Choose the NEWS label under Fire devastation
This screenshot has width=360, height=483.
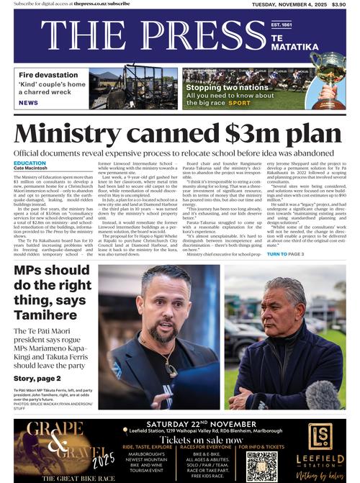pyautogui.click(x=28, y=103)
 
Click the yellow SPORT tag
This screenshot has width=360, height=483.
pyautogui.click(x=240, y=103)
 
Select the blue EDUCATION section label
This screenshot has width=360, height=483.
pyautogui.click(x=30, y=163)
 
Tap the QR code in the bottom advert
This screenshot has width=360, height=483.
pyautogui.click(x=261, y=466)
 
